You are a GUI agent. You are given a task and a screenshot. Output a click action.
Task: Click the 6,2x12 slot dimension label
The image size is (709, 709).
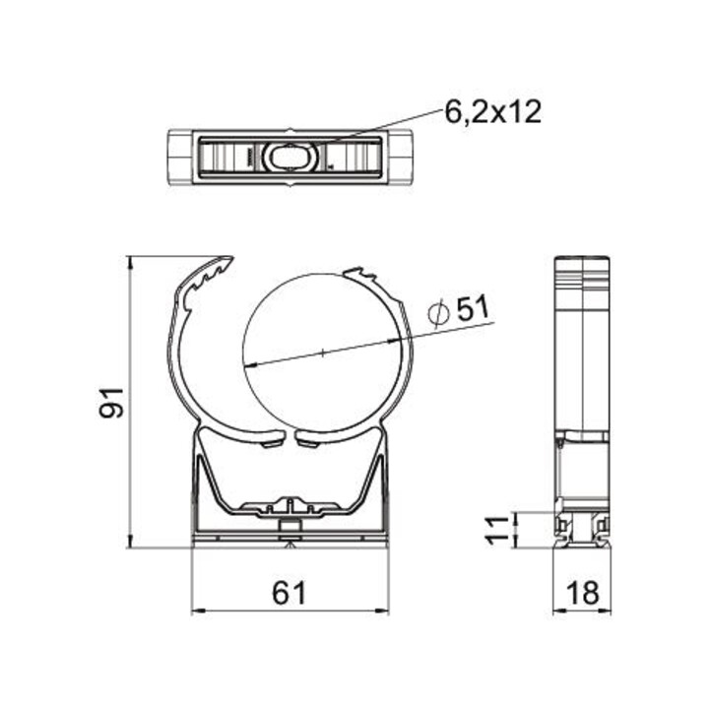coord(493,111)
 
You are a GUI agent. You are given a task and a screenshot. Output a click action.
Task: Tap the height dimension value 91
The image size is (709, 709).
coord(111,403)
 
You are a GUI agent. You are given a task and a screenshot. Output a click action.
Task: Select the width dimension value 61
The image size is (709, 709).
coord(290,593)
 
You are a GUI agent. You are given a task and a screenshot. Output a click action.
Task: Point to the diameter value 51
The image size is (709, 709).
coord(473,308)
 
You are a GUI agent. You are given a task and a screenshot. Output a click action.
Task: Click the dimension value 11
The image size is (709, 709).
coord(497,530)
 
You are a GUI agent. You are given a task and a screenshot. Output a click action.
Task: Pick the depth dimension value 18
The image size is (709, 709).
coord(583,593)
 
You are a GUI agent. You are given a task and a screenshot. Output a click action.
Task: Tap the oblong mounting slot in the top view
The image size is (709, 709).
coord(290,158)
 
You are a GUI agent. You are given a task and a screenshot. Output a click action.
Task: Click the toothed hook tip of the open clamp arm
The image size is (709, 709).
coord(226,261)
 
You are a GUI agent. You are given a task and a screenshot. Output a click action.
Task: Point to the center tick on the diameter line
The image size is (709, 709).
coord(323,353)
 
